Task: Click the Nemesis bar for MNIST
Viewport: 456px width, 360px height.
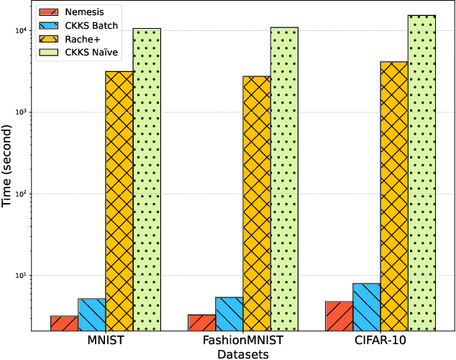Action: pos(64,323)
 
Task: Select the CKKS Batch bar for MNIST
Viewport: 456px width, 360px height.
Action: pos(91,315)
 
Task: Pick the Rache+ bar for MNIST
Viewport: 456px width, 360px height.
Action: pos(119,201)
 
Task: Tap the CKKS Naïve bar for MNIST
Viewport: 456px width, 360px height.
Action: pos(147,180)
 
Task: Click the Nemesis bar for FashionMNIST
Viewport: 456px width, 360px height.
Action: pos(201,323)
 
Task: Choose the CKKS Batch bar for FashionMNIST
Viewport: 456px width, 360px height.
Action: pos(229,314)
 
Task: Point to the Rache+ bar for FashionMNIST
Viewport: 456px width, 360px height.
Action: pos(257,203)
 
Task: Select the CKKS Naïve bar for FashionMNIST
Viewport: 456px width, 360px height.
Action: pos(284,179)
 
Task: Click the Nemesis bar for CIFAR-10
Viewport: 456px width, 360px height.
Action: pos(339,316)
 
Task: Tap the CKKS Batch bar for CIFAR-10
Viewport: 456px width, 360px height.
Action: pos(366,307)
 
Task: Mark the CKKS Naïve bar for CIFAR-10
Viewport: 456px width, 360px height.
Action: pos(421,173)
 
